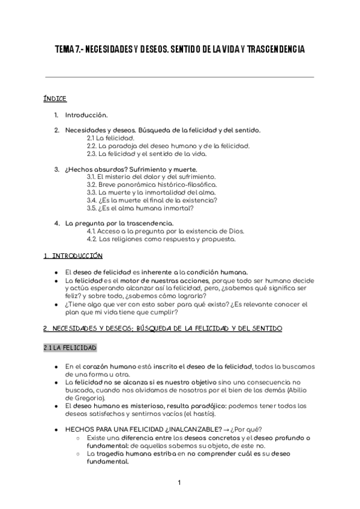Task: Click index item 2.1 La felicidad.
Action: click(x=110, y=137)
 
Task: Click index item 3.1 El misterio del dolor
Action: click(x=151, y=177)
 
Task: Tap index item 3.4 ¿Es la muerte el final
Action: click(x=152, y=200)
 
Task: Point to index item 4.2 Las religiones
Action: click(x=161, y=239)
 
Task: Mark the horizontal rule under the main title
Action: click(x=179, y=77)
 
